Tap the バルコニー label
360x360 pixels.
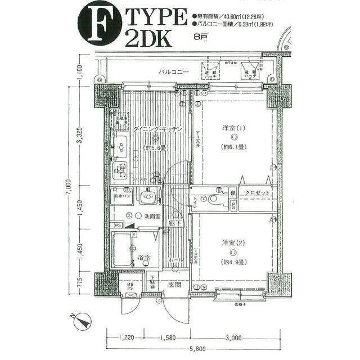[x=172, y=73]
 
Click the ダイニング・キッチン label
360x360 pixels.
[x=158, y=130]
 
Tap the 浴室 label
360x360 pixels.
[x=143, y=258]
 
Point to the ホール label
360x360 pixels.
[x=176, y=260]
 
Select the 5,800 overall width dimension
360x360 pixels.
[x=199, y=349]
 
